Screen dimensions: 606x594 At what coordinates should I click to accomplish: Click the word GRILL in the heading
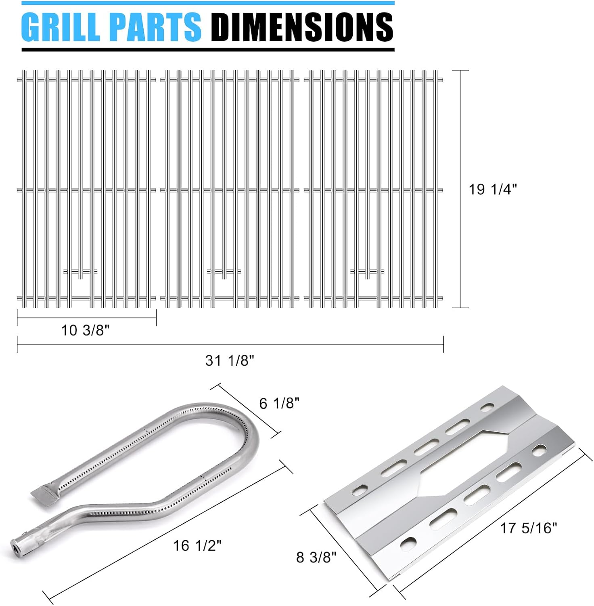coord(61,27)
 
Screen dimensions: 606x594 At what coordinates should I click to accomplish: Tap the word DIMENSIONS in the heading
coord(302,27)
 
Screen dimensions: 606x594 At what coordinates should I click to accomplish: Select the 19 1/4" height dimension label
coord(492,189)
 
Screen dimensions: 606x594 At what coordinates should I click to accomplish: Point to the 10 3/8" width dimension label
coord(85,330)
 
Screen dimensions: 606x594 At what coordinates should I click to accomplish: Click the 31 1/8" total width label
coord(230,360)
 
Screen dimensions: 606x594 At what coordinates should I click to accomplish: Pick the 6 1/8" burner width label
coord(279,403)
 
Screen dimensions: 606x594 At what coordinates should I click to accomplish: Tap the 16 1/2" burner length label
coord(197,545)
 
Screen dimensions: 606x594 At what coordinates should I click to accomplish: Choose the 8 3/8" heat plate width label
coord(316,557)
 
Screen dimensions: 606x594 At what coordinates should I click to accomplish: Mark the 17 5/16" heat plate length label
coord(529,528)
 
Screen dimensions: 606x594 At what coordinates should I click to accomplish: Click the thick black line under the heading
coord(208,50)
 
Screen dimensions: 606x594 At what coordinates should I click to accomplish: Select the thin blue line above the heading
coord(208,3)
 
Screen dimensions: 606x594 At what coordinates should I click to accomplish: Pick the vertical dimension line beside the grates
coord(460,189)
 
